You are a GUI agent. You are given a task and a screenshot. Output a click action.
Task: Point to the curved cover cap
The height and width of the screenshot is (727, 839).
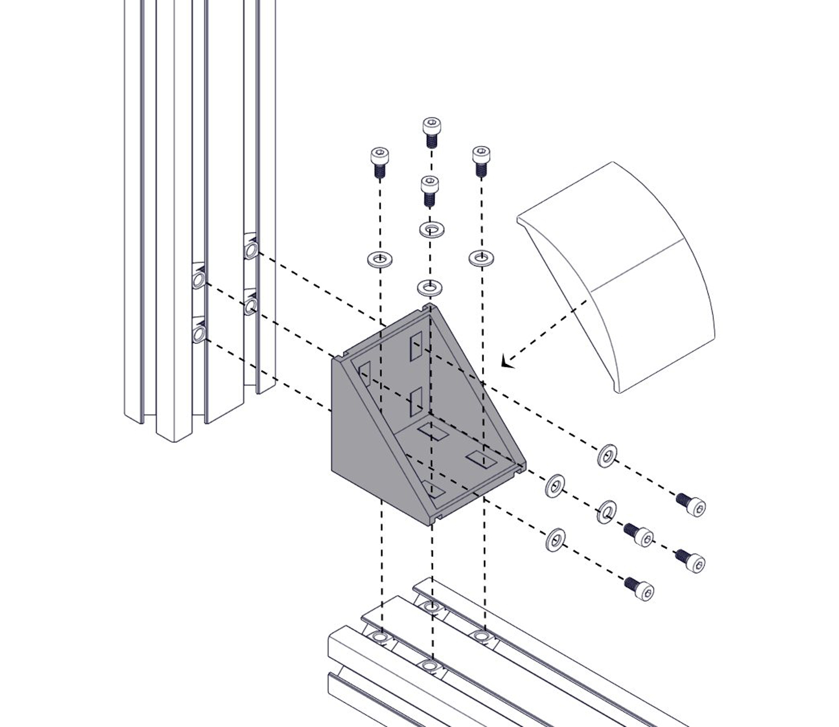tap(626, 274)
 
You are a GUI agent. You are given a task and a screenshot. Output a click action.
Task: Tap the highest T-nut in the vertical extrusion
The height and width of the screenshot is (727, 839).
tap(251, 248)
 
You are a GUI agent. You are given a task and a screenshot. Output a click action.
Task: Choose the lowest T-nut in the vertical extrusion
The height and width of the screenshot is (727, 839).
tap(198, 334)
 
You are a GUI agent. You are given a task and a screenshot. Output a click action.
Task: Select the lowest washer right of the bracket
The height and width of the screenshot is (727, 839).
tap(554, 539)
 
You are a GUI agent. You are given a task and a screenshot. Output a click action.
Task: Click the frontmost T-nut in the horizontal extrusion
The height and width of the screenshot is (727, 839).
tap(430, 665)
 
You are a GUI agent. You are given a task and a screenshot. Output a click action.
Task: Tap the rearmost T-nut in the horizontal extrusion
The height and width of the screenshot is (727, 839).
tap(430, 606)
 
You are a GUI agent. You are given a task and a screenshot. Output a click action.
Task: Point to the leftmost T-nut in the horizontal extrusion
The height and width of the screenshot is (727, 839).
tap(380, 638)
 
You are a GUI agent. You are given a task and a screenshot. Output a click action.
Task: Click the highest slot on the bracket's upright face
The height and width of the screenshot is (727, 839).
tap(416, 346)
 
